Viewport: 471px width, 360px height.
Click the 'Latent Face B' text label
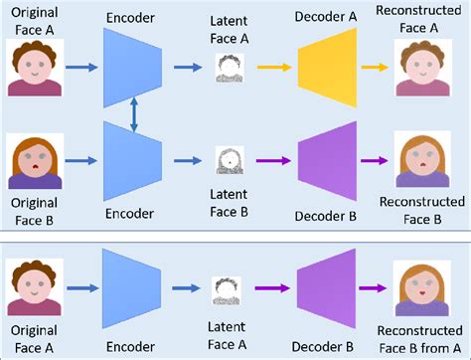[x=231, y=204]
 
